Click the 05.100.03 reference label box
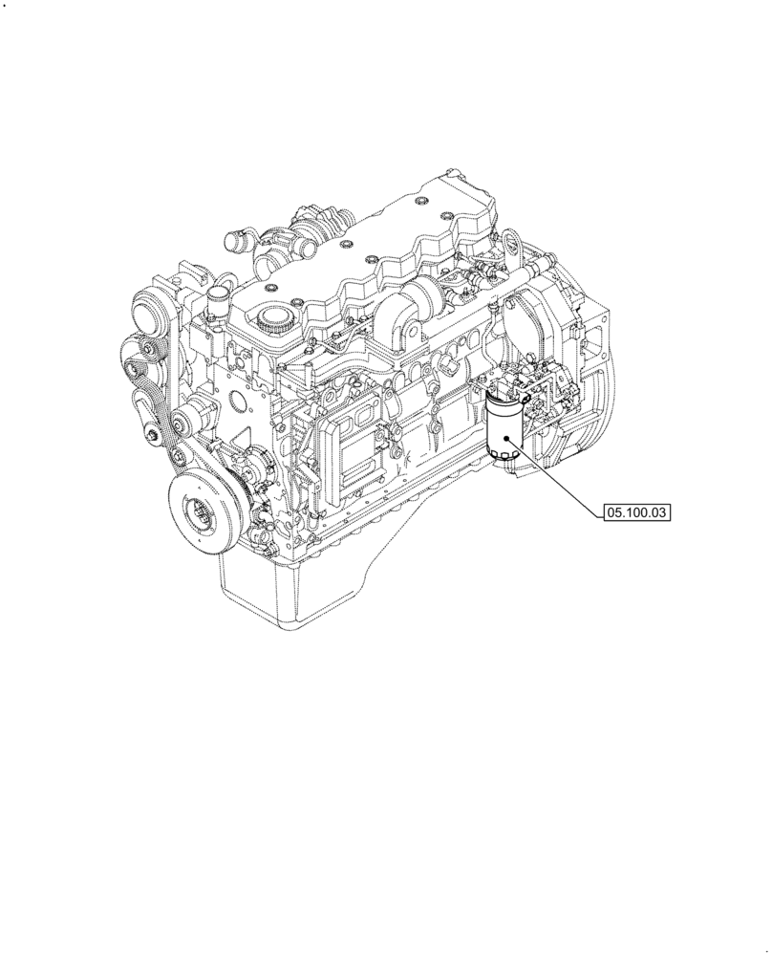[636, 513]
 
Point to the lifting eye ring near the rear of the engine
[512, 236]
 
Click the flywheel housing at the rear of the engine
[573, 382]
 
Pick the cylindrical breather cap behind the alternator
[218, 300]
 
